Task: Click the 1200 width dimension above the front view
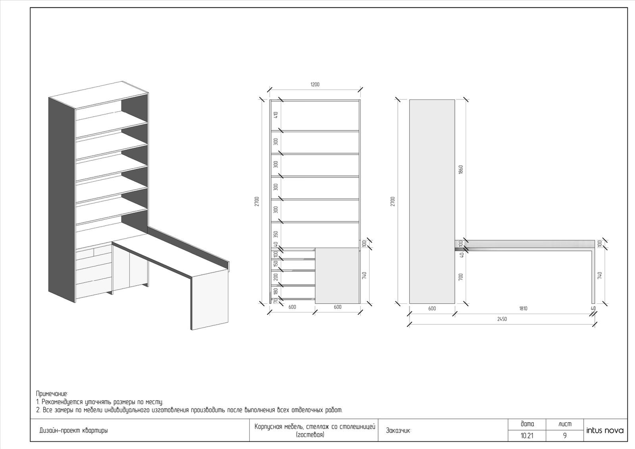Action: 315,84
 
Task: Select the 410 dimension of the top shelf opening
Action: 276,115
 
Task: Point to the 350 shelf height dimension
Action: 276,234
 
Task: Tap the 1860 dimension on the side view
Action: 461,169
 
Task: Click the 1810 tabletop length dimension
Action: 523,309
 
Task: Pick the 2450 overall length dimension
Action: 502,319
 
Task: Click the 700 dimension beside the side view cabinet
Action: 461,277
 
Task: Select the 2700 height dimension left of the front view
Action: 257,201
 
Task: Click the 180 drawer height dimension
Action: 276,292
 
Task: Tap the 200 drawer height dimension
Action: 276,277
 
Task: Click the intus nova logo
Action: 605,431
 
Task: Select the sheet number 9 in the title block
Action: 565,436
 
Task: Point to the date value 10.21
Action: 527,436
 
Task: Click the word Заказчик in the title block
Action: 398,431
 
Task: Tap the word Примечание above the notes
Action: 52,393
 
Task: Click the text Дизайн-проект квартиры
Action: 74,431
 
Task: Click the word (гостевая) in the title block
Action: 310,435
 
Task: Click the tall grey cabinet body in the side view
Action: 432,201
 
